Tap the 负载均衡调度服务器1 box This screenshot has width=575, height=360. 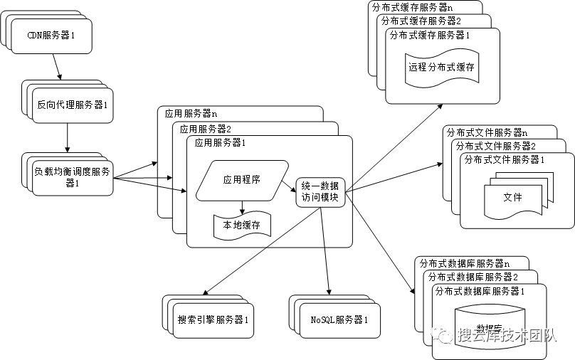point(73,177)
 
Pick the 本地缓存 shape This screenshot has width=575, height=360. point(242,226)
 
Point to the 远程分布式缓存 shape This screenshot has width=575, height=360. point(441,68)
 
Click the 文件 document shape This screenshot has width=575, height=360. point(512,197)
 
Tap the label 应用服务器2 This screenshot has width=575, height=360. point(206,129)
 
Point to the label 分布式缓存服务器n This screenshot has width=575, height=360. point(411,7)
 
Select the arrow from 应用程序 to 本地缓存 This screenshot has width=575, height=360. point(242,206)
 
